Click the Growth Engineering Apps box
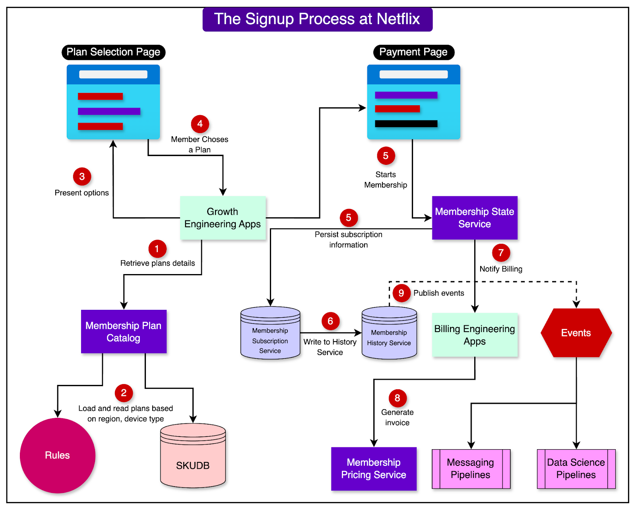point(223,218)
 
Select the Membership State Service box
point(475,218)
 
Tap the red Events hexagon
point(576,333)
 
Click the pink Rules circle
point(58,455)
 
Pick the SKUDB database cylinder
point(193,457)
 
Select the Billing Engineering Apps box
point(475,335)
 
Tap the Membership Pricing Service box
point(374,469)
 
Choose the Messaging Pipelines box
point(471,469)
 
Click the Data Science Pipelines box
point(576,469)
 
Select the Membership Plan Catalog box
point(124,332)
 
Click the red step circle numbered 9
point(401,293)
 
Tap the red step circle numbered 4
point(200,124)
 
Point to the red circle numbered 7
point(501,253)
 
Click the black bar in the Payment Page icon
point(406,124)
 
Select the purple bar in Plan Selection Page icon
point(109,111)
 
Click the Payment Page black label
point(413,52)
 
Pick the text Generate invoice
point(397,417)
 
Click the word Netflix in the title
point(398,19)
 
